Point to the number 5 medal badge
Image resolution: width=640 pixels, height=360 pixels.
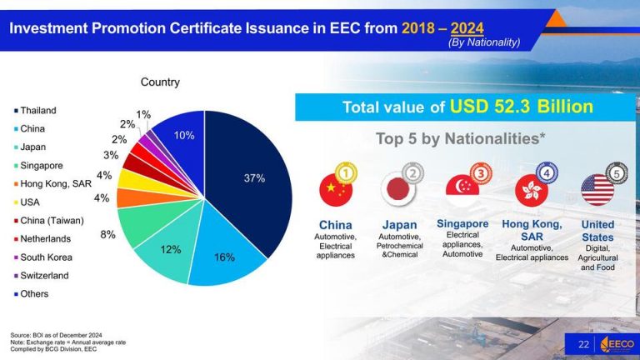click(616, 172)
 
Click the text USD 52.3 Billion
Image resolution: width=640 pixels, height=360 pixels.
click(522, 107)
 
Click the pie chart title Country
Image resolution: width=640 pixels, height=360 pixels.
click(160, 82)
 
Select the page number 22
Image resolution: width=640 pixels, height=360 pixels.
click(583, 344)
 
